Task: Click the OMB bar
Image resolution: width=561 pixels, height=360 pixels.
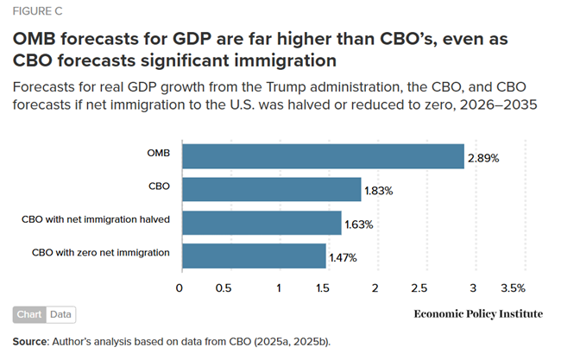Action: [322, 156]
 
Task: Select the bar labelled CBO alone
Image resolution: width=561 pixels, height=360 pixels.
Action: [270, 189]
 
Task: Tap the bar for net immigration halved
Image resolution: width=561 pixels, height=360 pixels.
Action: [261, 222]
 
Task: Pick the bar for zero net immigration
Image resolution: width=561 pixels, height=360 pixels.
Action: [253, 255]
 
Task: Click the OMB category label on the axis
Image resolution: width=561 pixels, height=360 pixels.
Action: [157, 153]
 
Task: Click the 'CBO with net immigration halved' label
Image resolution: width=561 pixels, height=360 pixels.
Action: [95, 219]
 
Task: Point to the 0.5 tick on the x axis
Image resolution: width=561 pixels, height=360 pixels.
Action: [223, 287]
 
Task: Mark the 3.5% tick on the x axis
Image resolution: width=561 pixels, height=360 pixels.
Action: [513, 287]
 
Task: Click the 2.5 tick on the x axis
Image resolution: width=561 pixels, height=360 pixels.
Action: [420, 287]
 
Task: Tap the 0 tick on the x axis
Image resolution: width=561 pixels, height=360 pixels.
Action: [180, 287]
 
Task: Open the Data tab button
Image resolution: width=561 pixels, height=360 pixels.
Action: [60, 315]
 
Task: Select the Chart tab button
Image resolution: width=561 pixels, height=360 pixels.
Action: [30, 315]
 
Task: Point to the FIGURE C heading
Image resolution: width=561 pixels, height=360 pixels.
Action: [37, 13]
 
